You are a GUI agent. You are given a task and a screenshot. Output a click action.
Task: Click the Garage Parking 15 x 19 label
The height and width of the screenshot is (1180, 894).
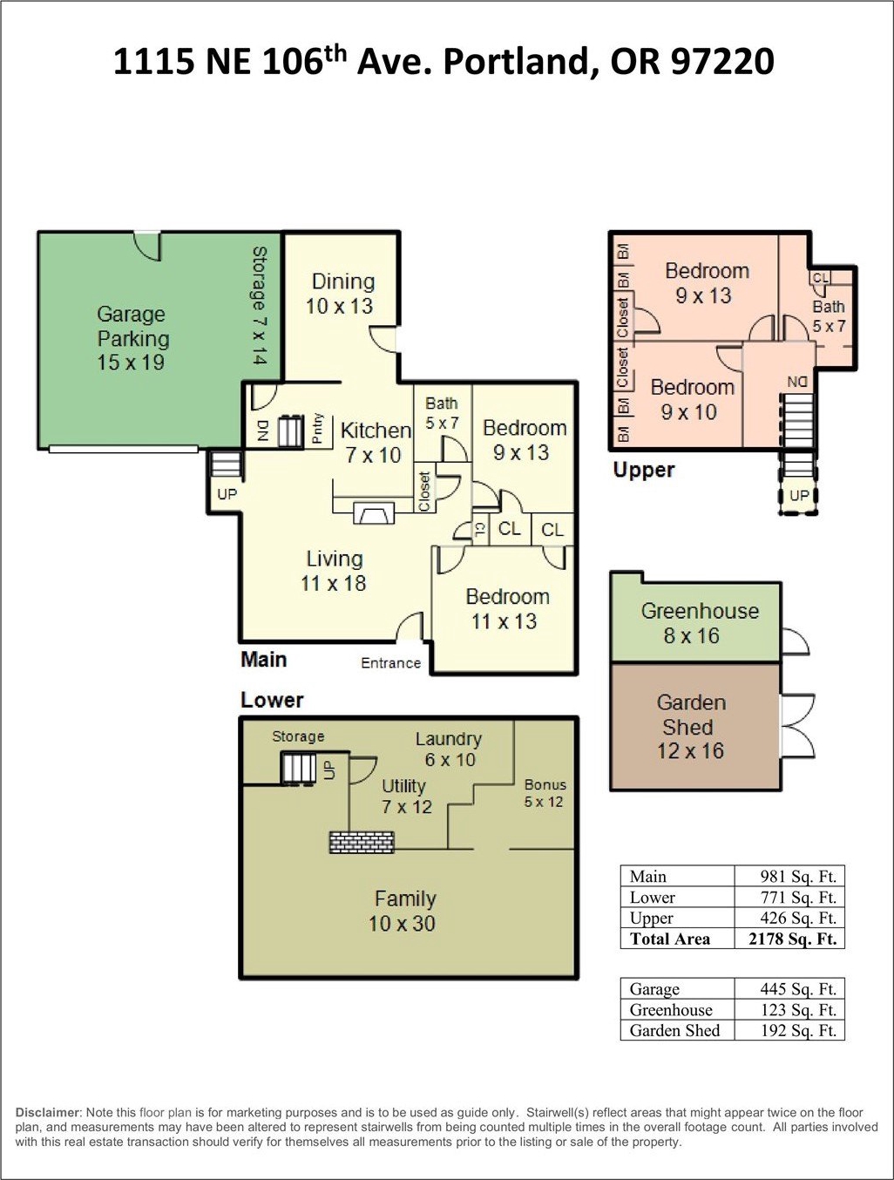132,338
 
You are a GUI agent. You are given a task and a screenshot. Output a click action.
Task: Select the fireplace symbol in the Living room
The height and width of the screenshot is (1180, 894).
374,512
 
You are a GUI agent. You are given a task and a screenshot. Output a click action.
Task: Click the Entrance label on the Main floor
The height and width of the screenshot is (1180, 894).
390,663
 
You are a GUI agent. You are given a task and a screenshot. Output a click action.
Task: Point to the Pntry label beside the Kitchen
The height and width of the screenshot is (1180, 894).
317,428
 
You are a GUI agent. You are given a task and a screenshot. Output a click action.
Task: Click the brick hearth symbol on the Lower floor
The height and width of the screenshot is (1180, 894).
362,842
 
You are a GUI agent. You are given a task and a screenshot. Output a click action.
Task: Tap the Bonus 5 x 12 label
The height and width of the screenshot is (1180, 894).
545,793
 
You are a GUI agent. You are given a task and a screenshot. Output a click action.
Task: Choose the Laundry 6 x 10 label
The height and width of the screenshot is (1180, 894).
449,749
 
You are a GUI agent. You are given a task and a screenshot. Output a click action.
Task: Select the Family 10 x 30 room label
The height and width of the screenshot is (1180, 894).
404,911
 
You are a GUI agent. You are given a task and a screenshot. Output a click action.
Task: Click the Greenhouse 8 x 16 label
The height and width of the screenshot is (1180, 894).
699,623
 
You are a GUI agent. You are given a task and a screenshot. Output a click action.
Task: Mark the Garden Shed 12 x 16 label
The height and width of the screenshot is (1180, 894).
690,726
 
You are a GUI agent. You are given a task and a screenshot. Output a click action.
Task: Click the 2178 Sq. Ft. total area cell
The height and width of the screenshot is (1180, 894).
792,939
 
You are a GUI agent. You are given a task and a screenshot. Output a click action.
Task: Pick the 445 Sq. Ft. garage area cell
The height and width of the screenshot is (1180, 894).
798,988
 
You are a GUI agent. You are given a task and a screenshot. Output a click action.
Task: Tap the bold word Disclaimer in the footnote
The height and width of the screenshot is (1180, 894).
48,1112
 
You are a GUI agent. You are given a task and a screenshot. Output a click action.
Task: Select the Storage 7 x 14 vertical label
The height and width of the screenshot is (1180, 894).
260,305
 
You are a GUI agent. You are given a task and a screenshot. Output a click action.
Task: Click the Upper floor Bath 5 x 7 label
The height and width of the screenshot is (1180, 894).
829,316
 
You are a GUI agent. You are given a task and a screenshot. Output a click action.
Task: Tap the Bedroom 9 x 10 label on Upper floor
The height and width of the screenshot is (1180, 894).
692,399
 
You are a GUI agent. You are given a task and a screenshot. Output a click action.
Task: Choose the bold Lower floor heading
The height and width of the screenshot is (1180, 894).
272,700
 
